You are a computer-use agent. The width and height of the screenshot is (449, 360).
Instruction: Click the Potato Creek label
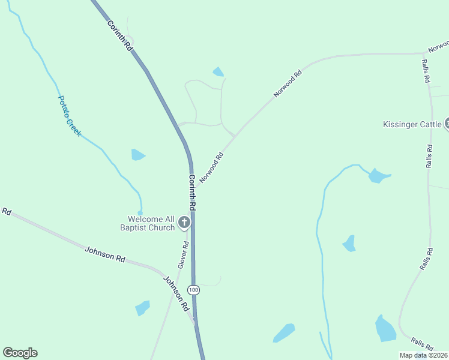(69, 115)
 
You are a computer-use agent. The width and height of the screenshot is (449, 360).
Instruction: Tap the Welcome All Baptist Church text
(151, 223)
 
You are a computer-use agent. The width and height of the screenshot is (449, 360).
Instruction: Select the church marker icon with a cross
(184, 223)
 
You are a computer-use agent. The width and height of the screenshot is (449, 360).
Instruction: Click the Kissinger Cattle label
(412, 125)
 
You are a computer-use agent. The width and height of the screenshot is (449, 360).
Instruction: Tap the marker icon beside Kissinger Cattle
(447, 124)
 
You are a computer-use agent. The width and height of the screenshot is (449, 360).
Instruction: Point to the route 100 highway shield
(193, 290)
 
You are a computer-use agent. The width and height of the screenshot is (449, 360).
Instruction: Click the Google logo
(20, 353)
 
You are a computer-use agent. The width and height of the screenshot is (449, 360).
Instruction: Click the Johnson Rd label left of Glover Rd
(105, 254)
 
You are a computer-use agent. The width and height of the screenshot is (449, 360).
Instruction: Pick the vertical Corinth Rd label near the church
(193, 192)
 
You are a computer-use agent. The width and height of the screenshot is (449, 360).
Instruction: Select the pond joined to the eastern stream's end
(378, 176)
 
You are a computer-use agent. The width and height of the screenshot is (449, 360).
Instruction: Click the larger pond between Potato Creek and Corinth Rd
(137, 155)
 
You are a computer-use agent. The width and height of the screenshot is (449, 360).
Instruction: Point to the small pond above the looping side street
(218, 72)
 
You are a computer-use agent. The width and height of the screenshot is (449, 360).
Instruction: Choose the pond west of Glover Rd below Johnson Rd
(142, 308)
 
